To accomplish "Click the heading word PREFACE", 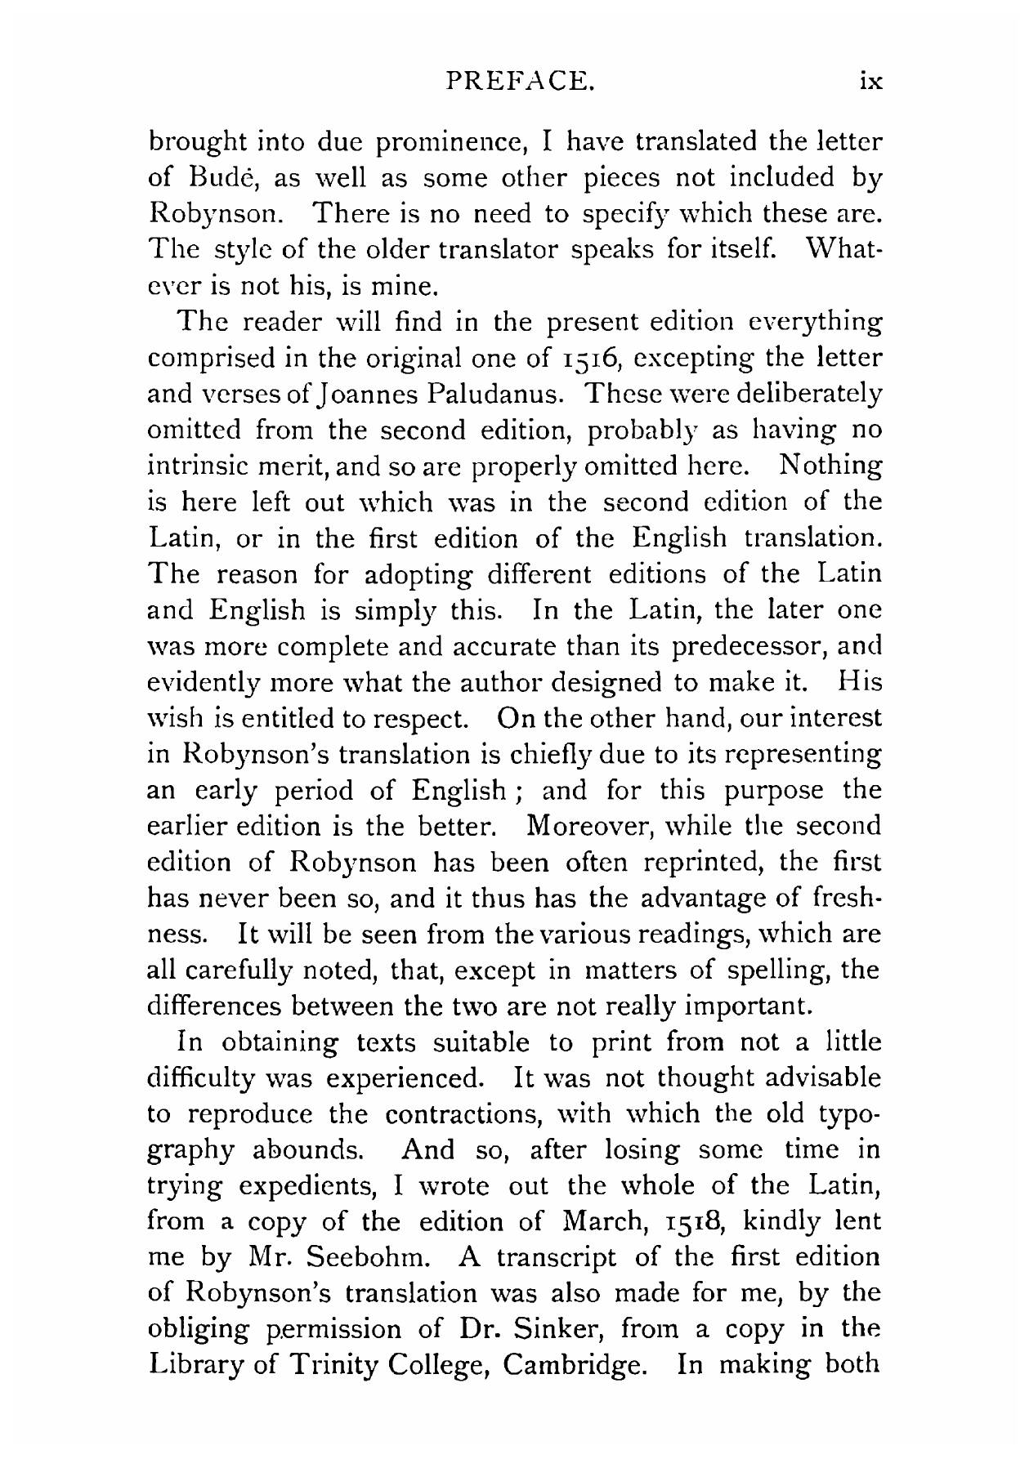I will (x=516, y=82).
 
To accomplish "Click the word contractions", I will (x=463, y=1113).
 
